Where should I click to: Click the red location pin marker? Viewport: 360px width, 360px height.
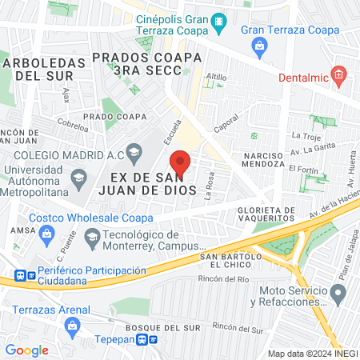pos(181,163)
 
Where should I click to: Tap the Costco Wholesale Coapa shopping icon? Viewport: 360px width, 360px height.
pos(47,233)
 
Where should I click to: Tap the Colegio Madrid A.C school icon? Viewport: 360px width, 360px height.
pos(134,149)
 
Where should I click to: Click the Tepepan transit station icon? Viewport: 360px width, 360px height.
pos(146,338)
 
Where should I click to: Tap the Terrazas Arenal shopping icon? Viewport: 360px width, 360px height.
pos(74,326)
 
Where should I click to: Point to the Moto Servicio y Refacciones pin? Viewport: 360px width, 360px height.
pos(338,295)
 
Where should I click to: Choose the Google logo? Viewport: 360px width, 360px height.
pos(26,350)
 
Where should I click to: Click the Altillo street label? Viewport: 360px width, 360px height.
pos(217,78)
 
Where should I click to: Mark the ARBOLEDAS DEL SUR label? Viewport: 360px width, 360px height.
pos(38,69)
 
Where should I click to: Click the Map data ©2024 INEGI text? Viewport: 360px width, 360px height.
pos(311,354)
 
